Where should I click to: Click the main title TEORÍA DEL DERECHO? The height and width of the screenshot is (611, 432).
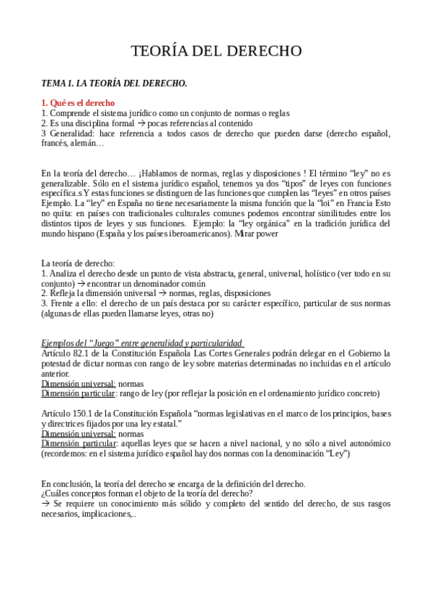click(216, 51)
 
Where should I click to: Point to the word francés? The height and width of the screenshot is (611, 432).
click(56, 143)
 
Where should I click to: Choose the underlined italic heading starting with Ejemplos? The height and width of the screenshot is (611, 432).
click(142, 342)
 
